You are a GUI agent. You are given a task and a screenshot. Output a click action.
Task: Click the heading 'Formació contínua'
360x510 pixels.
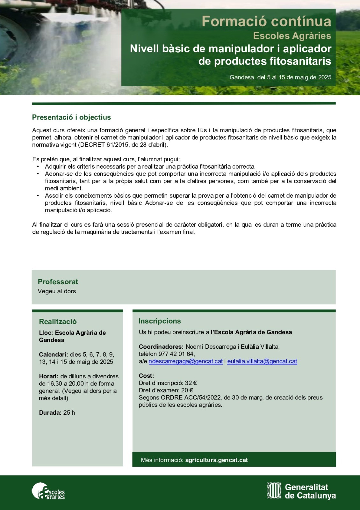point(266,21)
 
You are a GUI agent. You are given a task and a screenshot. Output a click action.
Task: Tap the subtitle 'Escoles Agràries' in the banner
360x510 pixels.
point(292,36)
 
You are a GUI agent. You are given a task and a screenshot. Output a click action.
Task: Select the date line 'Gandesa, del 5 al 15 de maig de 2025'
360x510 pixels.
point(280,77)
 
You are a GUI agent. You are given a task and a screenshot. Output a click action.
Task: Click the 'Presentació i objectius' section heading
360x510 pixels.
point(71,117)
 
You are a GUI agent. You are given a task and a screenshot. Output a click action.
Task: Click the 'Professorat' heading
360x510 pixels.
point(58,282)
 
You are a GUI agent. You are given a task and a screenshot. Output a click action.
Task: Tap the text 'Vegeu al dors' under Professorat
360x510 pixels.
point(57,291)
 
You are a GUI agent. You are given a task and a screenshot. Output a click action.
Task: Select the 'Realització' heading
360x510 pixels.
point(58,321)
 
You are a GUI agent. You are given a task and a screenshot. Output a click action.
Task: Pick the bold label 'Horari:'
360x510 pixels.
point(48,376)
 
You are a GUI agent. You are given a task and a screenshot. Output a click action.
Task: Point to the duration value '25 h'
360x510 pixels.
point(69,412)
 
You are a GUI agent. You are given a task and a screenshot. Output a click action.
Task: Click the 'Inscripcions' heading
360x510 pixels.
point(160,321)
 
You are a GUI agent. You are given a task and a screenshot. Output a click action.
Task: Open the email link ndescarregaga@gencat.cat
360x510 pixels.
point(185,361)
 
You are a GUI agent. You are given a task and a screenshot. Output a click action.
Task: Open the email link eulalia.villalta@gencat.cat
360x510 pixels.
point(262,361)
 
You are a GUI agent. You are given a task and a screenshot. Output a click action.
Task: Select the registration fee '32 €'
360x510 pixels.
point(191,383)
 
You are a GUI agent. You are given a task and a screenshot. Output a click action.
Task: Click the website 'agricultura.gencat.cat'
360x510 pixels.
point(216,460)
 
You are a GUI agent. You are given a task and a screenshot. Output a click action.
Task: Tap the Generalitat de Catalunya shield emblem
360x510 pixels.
point(274,491)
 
